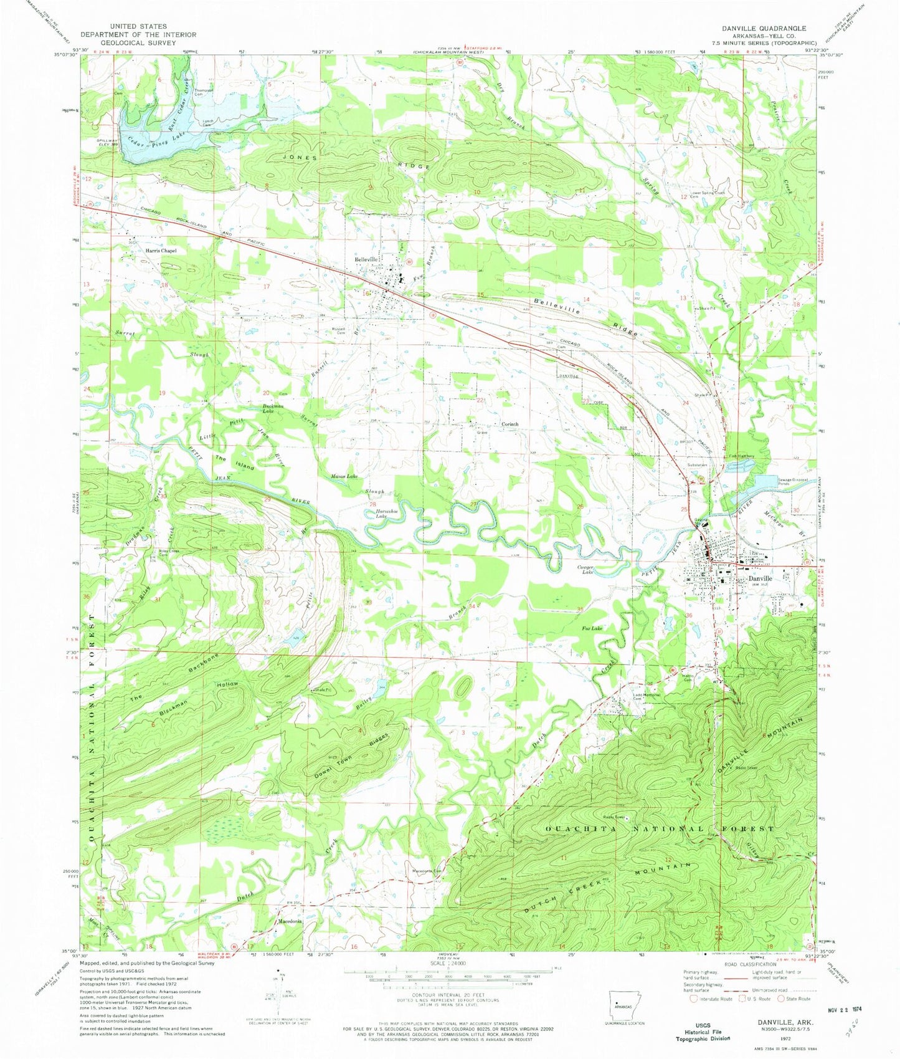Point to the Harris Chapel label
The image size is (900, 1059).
[161, 251]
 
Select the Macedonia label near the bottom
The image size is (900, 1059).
[289, 921]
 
